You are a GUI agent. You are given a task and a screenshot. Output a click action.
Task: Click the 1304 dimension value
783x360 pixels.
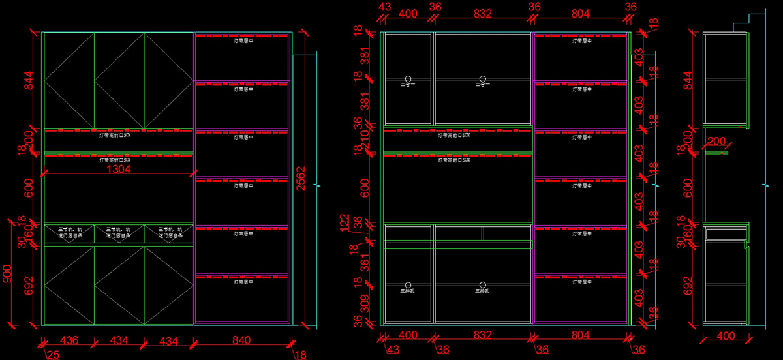click(x=119, y=170)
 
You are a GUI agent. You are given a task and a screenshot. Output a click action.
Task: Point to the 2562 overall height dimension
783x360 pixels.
click(x=301, y=177)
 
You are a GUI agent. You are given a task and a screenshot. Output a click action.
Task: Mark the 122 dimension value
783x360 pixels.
click(x=345, y=222)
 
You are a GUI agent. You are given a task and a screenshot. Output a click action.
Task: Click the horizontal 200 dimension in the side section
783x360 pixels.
click(x=716, y=142)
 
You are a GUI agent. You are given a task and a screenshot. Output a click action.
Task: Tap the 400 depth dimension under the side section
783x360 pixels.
click(x=726, y=336)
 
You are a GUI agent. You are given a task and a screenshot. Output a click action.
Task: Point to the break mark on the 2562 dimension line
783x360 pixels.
click(x=317, y=186)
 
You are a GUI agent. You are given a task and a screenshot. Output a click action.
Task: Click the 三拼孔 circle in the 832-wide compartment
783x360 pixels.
click(x=482, y=285)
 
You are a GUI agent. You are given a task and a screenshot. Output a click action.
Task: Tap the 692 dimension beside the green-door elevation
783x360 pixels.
click(x=29, y=286)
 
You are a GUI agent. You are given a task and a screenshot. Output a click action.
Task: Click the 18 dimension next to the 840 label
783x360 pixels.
click(x=301, y=354)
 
